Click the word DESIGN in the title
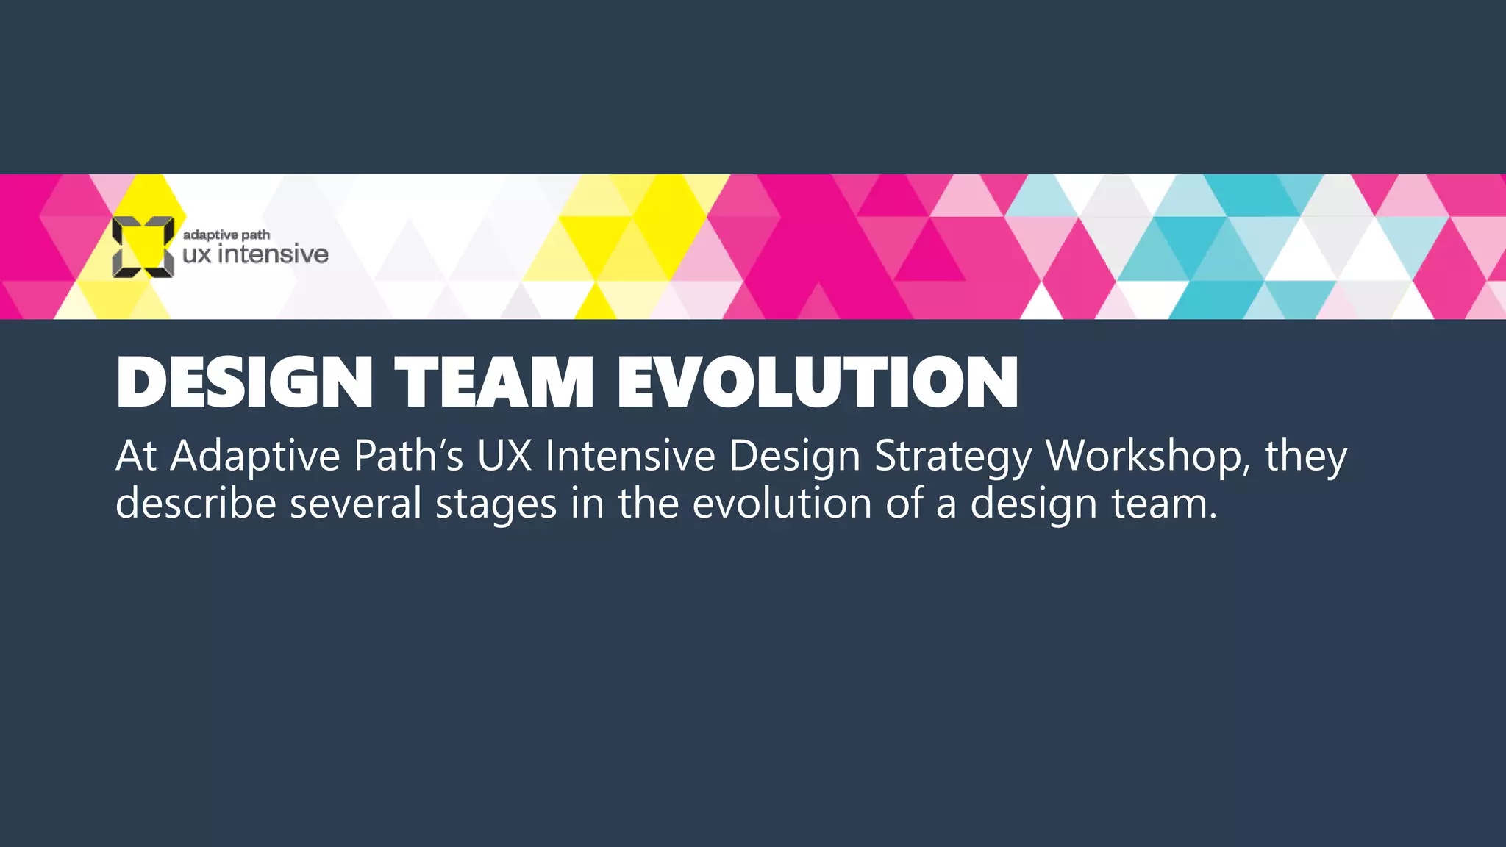click(x=244, y=382)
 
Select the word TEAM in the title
click(x=494, y=382)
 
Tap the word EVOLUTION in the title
click(x=818, y=382)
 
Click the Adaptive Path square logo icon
click(x=143, y=247)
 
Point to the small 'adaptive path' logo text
click(x=226, y=235)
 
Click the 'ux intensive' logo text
click(x=255, y=254)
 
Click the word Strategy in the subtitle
click(x=954, y=457)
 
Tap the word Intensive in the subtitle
click(x=630, y=456)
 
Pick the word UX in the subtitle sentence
click(x=504, y=456)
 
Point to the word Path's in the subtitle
click(x=408, y=456)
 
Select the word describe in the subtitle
click(x=196, y=504)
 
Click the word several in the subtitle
click(x=356, y=504)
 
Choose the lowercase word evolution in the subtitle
click(x=782, y=504)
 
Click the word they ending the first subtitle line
click(x=1306, y=457)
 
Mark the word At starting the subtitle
click(x=136, y=456)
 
